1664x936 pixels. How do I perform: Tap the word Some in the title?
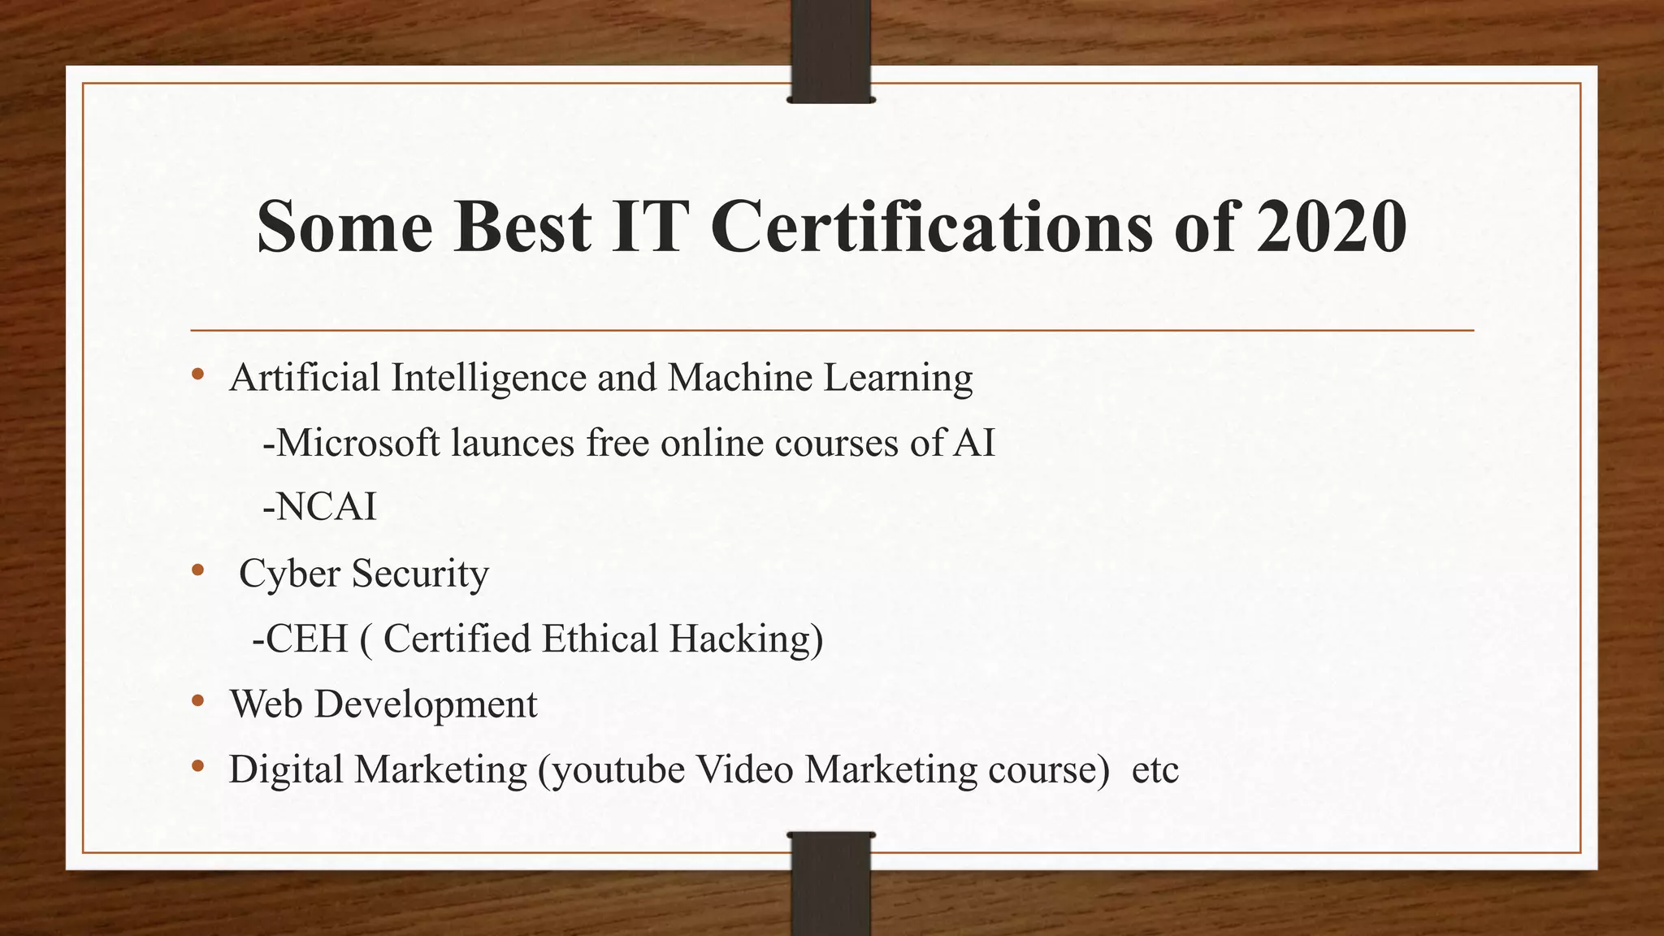[344, 227]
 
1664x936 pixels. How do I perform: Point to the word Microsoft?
[357, 443]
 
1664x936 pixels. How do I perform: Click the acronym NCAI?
[326, 508]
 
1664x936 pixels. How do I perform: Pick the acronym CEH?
[306, 639]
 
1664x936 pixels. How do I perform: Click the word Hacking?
[745, 639]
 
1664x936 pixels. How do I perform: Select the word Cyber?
[289, 574]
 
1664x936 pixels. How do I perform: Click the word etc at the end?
[1155, 770]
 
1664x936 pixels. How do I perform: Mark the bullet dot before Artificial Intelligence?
[197, 375]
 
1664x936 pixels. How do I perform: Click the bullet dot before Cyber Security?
[197, 571]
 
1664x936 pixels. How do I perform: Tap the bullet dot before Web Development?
[197, 701]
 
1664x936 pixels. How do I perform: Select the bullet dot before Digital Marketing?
[197, 766]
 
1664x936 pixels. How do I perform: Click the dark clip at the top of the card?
[830, 53]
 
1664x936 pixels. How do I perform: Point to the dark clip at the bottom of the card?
[830, 882]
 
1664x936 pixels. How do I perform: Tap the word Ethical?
[600, 639]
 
